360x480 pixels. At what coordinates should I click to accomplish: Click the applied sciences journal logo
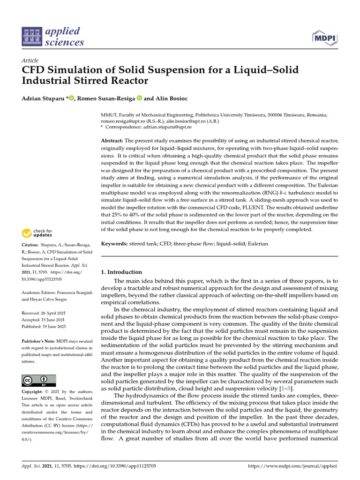(x=53, y=37)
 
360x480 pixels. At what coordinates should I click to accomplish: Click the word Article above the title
(x=30, y=61)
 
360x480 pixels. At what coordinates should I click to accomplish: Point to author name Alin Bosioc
(x=168, y=98)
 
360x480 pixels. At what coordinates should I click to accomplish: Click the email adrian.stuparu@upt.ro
(x=166, y=127)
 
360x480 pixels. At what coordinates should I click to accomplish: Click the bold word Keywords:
(x=114, y=244)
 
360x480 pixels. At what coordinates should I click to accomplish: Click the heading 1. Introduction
(x=121, y=272)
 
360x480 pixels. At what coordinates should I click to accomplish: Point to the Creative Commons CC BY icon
(x=39, y=380)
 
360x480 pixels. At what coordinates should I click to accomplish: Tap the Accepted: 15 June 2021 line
(x=44, y=320)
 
